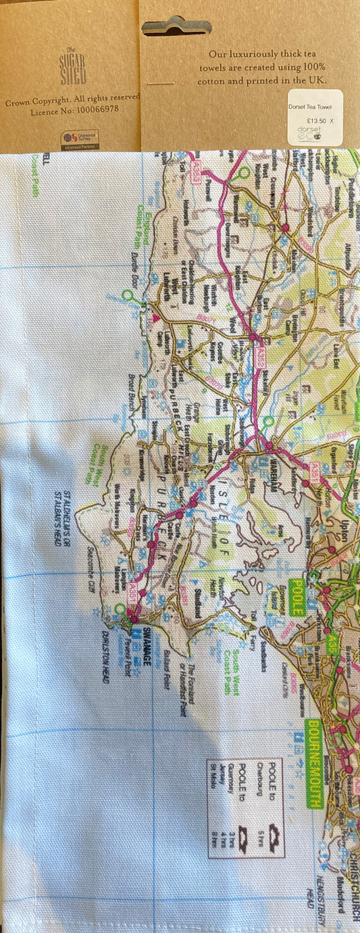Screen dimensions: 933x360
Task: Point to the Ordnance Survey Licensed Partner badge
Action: click(x=80, y=137)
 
